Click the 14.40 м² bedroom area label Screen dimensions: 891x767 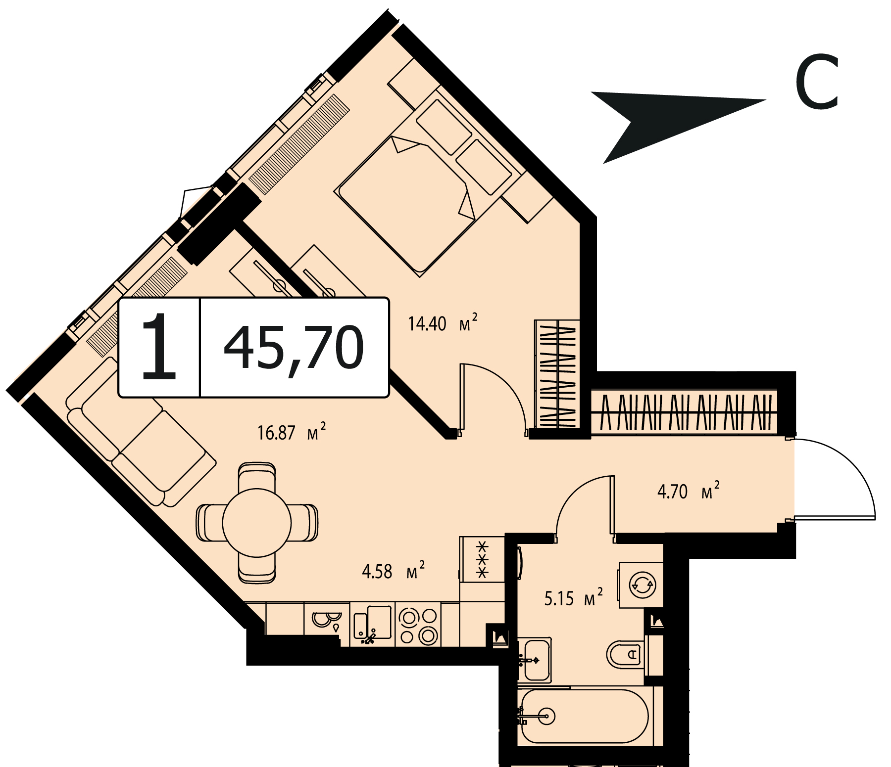443,323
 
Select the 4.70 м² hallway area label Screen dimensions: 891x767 688,492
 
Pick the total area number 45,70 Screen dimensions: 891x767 294,348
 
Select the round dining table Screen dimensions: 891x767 256,522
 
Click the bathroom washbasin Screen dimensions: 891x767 535,660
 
